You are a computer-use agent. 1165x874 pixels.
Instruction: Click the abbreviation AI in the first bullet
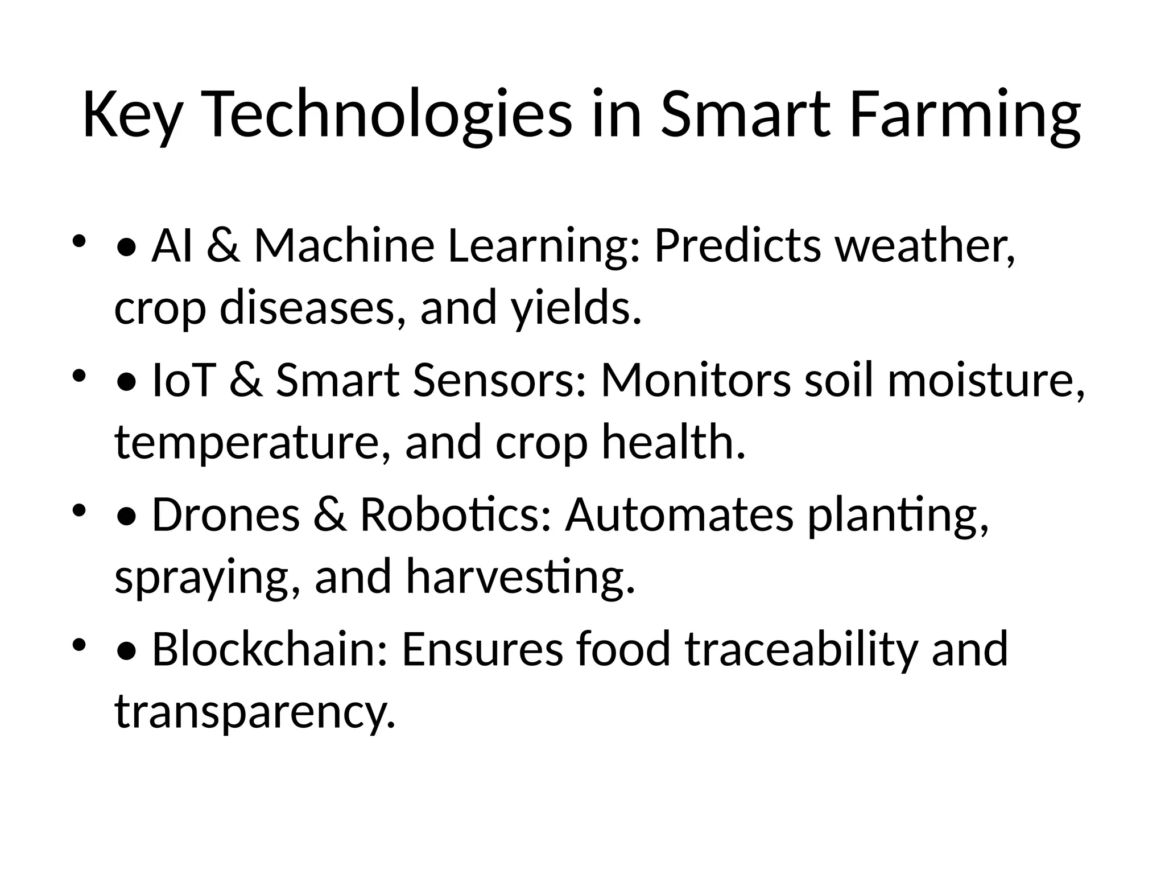point(172,246)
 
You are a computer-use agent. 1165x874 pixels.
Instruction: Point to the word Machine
point(344,246)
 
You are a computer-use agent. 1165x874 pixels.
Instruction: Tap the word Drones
point(225,515)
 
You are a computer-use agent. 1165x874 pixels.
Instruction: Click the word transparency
point(254,712)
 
